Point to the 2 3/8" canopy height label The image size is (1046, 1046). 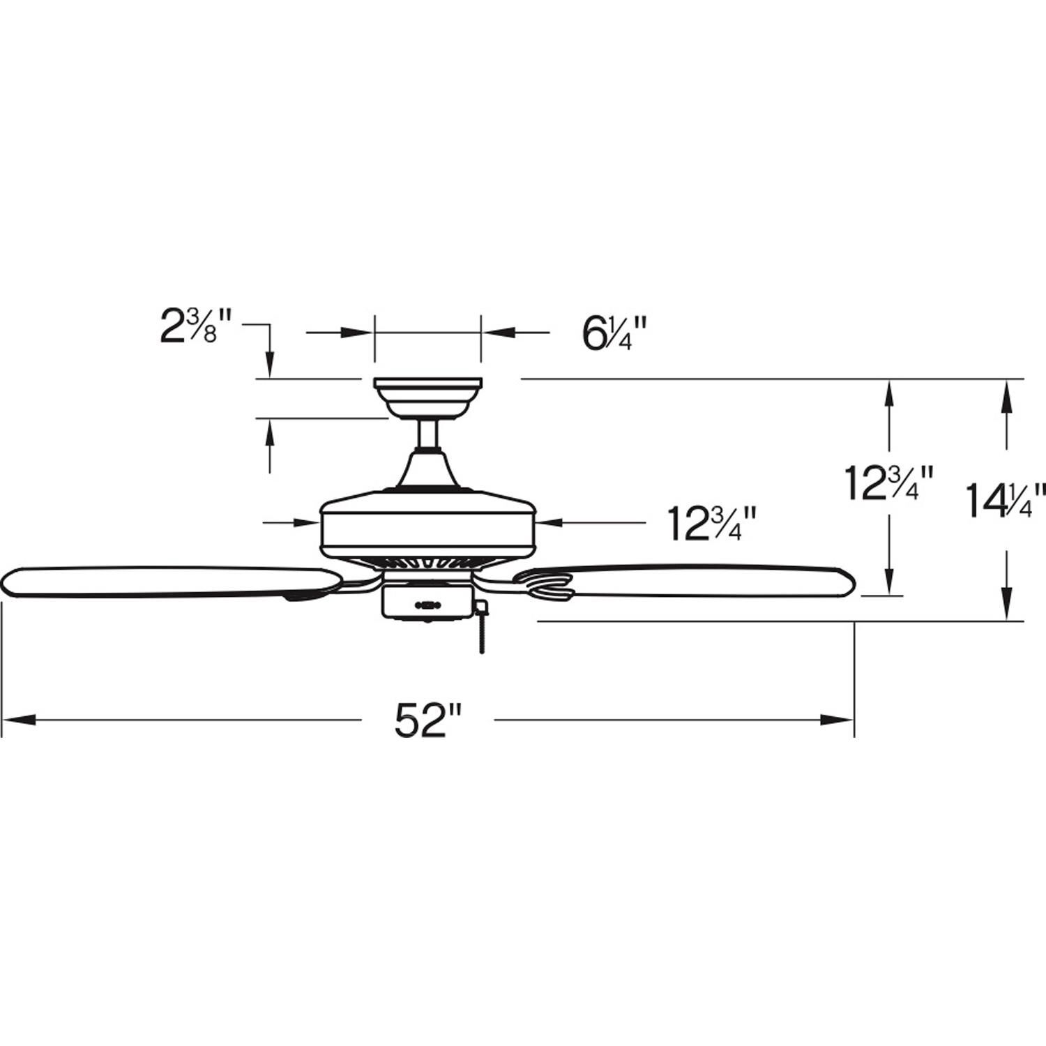(190, 328)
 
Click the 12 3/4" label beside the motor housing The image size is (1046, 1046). (711, 522)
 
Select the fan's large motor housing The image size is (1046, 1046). (427, 523)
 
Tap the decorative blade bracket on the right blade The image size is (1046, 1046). (547, 582)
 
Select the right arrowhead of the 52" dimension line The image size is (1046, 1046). (837, 719)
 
